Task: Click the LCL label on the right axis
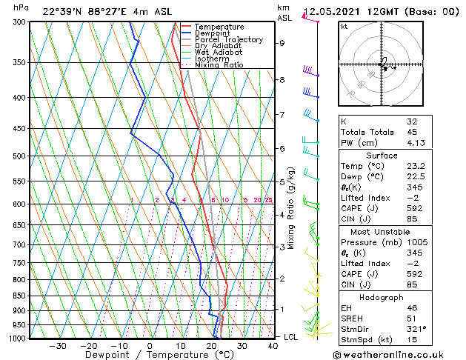[x=292, y=337]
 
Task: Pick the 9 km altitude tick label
[x=282, y=43]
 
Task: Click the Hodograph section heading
[x=382, y=297]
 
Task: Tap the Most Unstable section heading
[x=382, y=231]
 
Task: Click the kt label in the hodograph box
[x=344, y=26]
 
